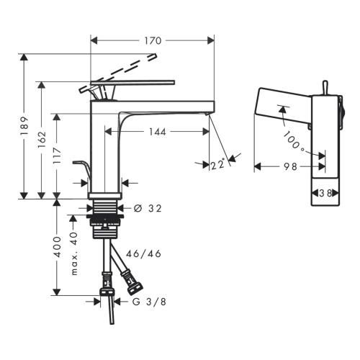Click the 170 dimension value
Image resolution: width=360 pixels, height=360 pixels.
153,41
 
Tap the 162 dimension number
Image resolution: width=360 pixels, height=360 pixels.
42,139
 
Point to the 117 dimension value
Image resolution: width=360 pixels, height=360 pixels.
58,156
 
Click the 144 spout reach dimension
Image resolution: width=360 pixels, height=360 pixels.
158,132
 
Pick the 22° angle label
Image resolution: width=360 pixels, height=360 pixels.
217,165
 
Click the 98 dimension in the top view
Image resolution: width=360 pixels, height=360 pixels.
290,166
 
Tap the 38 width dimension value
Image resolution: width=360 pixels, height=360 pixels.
325,193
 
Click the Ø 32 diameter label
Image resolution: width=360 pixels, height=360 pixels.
148,208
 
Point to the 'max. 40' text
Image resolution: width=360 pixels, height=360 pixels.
75,253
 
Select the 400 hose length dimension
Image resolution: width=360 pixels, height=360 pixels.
58,247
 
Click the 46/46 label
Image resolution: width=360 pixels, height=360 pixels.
143,253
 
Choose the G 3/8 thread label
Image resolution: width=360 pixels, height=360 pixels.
149,302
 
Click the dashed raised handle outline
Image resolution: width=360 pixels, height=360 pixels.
117,73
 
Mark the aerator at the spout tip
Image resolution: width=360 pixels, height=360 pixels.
207,114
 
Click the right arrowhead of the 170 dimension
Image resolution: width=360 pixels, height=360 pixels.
211,41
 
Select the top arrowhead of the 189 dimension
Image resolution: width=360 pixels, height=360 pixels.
24,58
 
